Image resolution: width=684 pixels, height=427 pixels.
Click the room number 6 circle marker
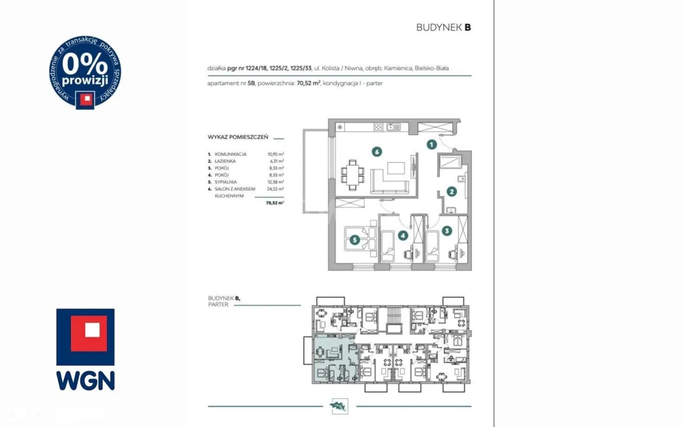(x=377, y=152)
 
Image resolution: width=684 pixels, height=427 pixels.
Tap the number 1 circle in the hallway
(x=431, y=144)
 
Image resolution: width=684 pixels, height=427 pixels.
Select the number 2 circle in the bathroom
(x=452, y=191)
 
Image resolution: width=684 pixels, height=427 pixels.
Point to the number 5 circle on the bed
(x=354, y=240)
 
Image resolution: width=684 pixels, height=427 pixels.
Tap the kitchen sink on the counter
(x=393, y=127)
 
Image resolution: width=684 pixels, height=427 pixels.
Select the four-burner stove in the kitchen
(x=378, y=127)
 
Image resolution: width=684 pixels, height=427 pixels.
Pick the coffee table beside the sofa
(x=396, y=168)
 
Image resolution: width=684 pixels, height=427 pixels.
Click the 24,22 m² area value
(x=276, y=189)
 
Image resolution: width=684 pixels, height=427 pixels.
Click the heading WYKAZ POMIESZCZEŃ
(x=237, y=137)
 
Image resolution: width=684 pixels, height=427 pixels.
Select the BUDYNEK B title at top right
(x=444, y=28)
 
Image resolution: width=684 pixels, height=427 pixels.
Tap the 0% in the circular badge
(x=85, y=65)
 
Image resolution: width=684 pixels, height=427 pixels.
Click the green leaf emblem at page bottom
(x=340, y=406)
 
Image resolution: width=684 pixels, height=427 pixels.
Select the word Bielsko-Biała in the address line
(x=440, y=68)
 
